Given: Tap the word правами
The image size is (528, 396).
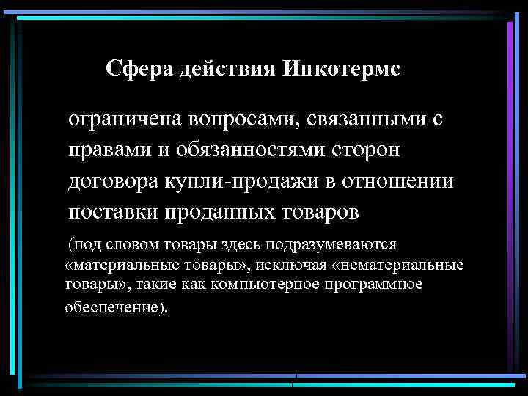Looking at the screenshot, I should tap(107, 150).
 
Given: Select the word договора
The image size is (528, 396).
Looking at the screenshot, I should tap(111, 181).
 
